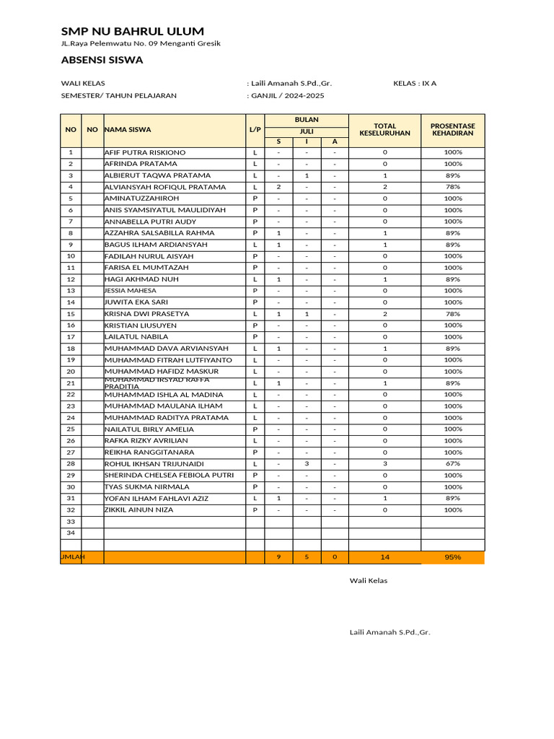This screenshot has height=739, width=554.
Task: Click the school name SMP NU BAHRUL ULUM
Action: point(132,31)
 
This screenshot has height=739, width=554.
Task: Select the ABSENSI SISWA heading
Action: point(102,60)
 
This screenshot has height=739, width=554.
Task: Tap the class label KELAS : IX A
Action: point(415,83)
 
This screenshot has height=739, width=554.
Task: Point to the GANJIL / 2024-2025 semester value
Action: point(288,95)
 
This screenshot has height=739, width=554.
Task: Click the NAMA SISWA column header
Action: point(128,130)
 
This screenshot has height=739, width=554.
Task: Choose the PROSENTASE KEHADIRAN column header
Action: point(452,130)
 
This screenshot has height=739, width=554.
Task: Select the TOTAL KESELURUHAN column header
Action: point(384,130)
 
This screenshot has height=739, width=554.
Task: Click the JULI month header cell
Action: point(307,131)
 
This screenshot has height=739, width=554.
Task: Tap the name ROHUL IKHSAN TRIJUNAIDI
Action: point(154,463)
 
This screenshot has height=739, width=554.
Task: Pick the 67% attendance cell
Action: point(452,463)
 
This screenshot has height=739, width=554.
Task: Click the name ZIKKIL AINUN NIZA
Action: point(138,510)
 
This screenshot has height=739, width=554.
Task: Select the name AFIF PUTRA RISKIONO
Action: point(145,152)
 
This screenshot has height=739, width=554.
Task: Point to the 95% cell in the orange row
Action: point(452,557)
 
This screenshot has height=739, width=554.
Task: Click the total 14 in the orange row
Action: point(384,557)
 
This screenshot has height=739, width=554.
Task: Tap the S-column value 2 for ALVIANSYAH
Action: point(278,187)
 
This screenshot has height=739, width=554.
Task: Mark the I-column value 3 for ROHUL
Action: point(307,463)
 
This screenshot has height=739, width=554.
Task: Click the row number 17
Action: point(71,337)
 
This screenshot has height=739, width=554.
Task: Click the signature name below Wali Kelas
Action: point(390,632)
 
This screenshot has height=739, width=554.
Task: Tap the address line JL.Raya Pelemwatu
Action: point(141,43)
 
